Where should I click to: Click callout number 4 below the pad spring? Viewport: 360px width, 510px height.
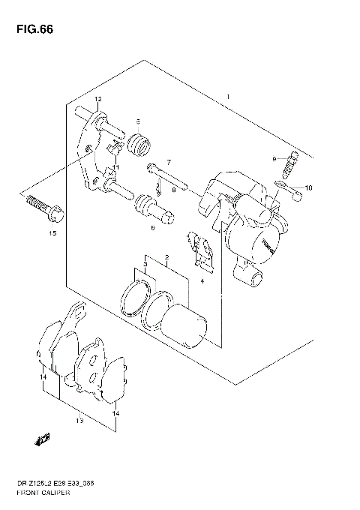201,281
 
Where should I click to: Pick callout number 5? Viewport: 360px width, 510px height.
138,121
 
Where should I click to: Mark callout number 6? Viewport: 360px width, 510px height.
152,228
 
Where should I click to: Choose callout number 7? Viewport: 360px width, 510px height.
169,163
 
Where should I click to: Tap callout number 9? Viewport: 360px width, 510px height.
274,157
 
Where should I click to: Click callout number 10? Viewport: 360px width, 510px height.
307,187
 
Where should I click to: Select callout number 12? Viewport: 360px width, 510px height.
97,100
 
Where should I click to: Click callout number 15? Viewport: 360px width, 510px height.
52,234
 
